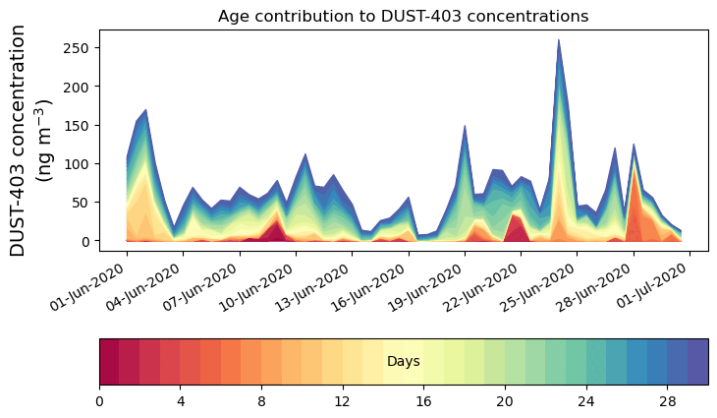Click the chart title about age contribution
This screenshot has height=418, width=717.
click(x=403, y=16)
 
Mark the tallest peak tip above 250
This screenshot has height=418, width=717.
click(x=559, y=40)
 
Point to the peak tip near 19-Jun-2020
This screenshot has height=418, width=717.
click(x=465, y=126)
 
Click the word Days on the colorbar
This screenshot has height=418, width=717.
click(x=404, y=362)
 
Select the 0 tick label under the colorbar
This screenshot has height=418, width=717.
click(x=99, y=400)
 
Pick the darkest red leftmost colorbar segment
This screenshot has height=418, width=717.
click(x=109, y=362)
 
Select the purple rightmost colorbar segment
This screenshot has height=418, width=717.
click(x=698, y=362)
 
